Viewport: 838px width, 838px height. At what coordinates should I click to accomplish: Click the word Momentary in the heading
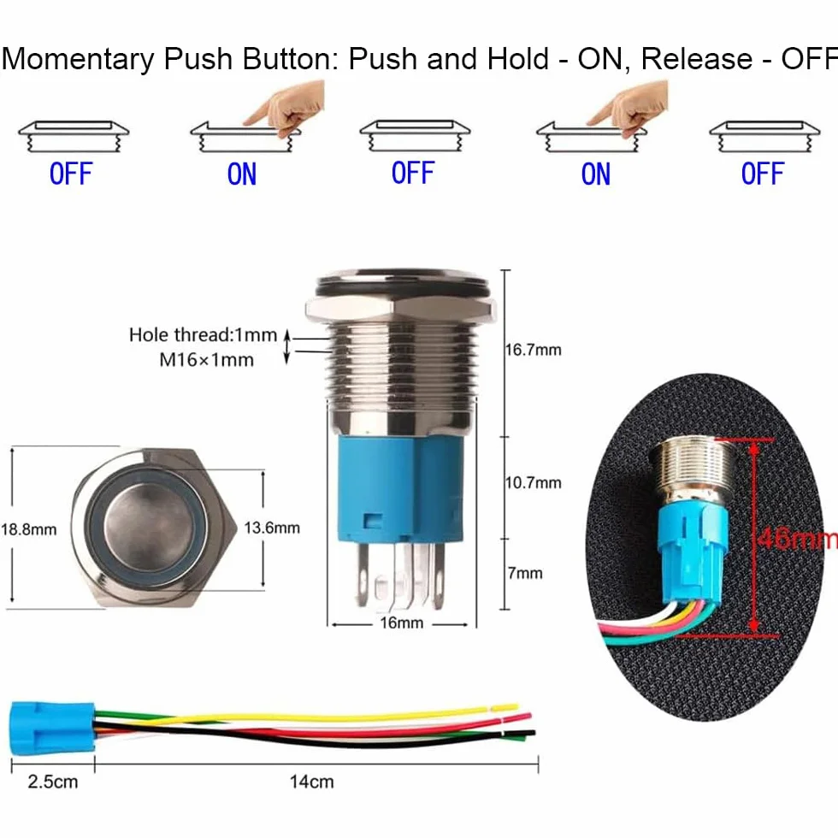[x=78, y=60]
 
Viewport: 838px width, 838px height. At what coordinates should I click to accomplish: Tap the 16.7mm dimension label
[x=533, y=350]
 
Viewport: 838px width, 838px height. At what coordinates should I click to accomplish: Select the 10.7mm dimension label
[x=533, y=483]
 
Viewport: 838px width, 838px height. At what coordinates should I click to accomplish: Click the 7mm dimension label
[x=525, y=573]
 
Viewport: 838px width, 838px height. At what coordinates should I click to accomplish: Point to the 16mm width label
[x=401, y=623]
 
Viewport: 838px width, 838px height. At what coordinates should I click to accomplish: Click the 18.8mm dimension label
[x=29, y=529]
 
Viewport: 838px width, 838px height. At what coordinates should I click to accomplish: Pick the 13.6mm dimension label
[x=272, y=528]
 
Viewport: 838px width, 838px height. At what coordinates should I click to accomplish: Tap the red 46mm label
[x=797, y=539]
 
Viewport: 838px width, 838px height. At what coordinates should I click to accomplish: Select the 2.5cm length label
[x=53, y=782]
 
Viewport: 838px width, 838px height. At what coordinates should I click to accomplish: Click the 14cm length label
[x=311, y=782]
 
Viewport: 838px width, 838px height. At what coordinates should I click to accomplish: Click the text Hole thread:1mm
[x=204, y=335]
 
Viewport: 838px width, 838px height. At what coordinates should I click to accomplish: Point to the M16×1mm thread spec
[x=206, y=360]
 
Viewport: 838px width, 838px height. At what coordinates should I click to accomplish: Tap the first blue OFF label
[x=71, y=174]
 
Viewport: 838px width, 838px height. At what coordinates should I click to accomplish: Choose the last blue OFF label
[x=762, y=174]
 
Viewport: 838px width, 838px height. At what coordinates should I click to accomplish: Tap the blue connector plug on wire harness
[x=52, y=729]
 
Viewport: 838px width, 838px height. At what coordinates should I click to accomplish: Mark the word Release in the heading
[x=696, y=59]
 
